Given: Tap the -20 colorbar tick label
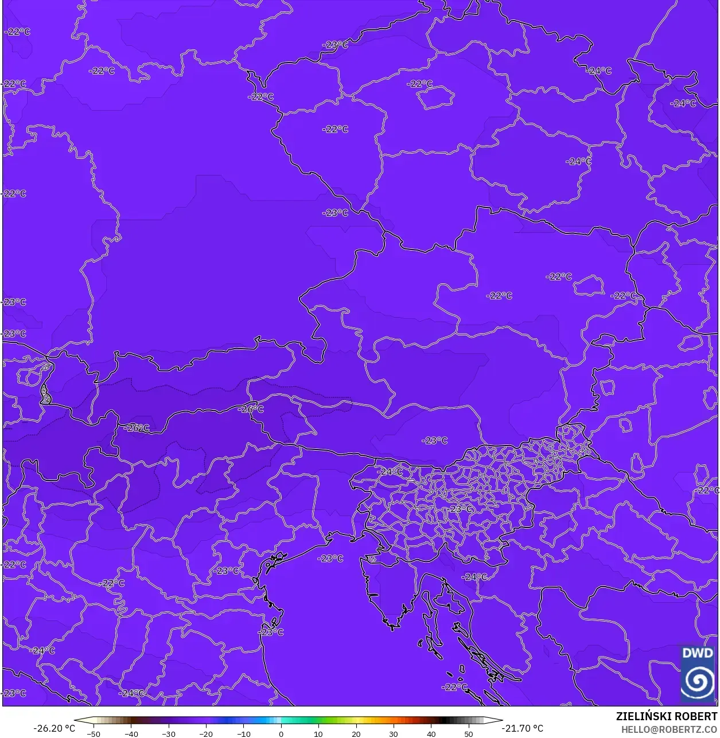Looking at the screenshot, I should pos(206,733).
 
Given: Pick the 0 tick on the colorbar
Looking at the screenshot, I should pos(281,733).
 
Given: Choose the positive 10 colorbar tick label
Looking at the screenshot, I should pos(318,733).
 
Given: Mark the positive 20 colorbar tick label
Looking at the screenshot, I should pos(356,733).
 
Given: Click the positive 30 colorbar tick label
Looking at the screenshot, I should pos(394,733).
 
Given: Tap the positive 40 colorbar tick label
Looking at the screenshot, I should pos(431,733).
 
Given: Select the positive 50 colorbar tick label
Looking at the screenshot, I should pos(469,733).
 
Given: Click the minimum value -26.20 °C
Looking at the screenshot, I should pos(54,728).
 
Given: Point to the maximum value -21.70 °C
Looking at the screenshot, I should pos(522,728).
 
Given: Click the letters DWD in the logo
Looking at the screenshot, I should pos(698,653).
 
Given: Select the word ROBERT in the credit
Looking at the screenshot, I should pos(696,717).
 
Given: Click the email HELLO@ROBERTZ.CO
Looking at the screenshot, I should pos(670,729).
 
